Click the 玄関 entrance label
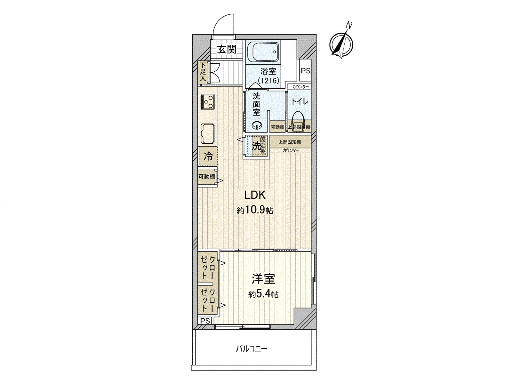click(x=227, y=49)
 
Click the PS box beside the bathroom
click(x=306, y=71)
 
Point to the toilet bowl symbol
click(x=298, y=119)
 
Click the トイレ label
click(x=300, y=101)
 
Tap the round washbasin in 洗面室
click(x=257, y=125)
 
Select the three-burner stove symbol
click(x=208, y=102)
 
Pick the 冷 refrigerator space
click(x=208, y=156)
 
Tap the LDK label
click(x=255, y=195)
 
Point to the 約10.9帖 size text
click(x=255, y=210)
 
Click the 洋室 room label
click(x=263, y=279)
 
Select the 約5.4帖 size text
click(x=263, y=294)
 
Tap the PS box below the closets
click(x=205, y=321)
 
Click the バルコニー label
click(x=252, y=348)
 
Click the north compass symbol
click(x=341, y=44)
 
